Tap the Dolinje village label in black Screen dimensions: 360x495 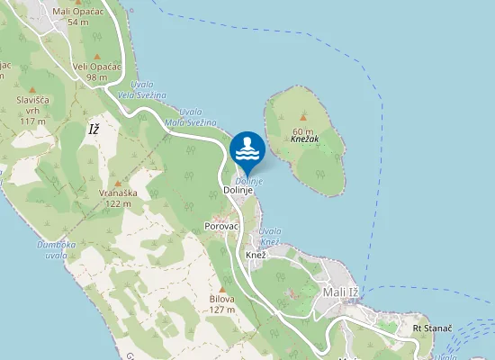[x=240, y=191]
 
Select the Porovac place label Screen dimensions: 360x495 [x=221, y=225]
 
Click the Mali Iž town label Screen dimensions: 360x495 [x=340, y=292]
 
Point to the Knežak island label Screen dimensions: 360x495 [x=306, y=141]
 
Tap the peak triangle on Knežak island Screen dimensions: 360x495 [x=303, y=117]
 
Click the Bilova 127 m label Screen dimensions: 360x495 [x=221, y=304]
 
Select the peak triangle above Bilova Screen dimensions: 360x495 [x=221, y=289]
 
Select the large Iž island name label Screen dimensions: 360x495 [x=93, y=130]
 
